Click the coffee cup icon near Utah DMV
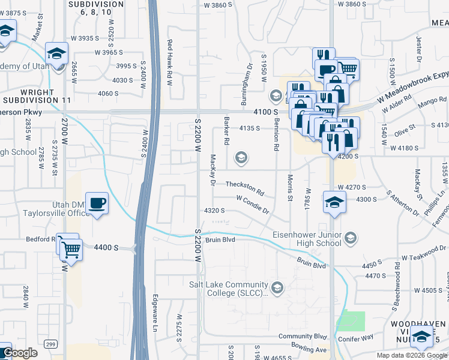pyautogui.click(x=97, y=203)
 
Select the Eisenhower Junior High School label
pyautogui.click(x=306, y=239)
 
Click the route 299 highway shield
pyautogui.click(x=50, y=343)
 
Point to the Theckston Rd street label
pyautogui.click(x=245, y=185)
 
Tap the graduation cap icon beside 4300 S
pyautogui.click(x=334, y=202)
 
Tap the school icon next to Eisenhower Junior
pyautogui.click(x=351, y=238)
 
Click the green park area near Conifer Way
pyautogui.click(x=354, y=321)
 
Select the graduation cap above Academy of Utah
pyautogui.click(x=56, y=53)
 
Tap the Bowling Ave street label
pyautogui.click(x=310, y=349)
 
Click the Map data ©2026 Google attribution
pyautogui.click(x=411, y=355)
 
